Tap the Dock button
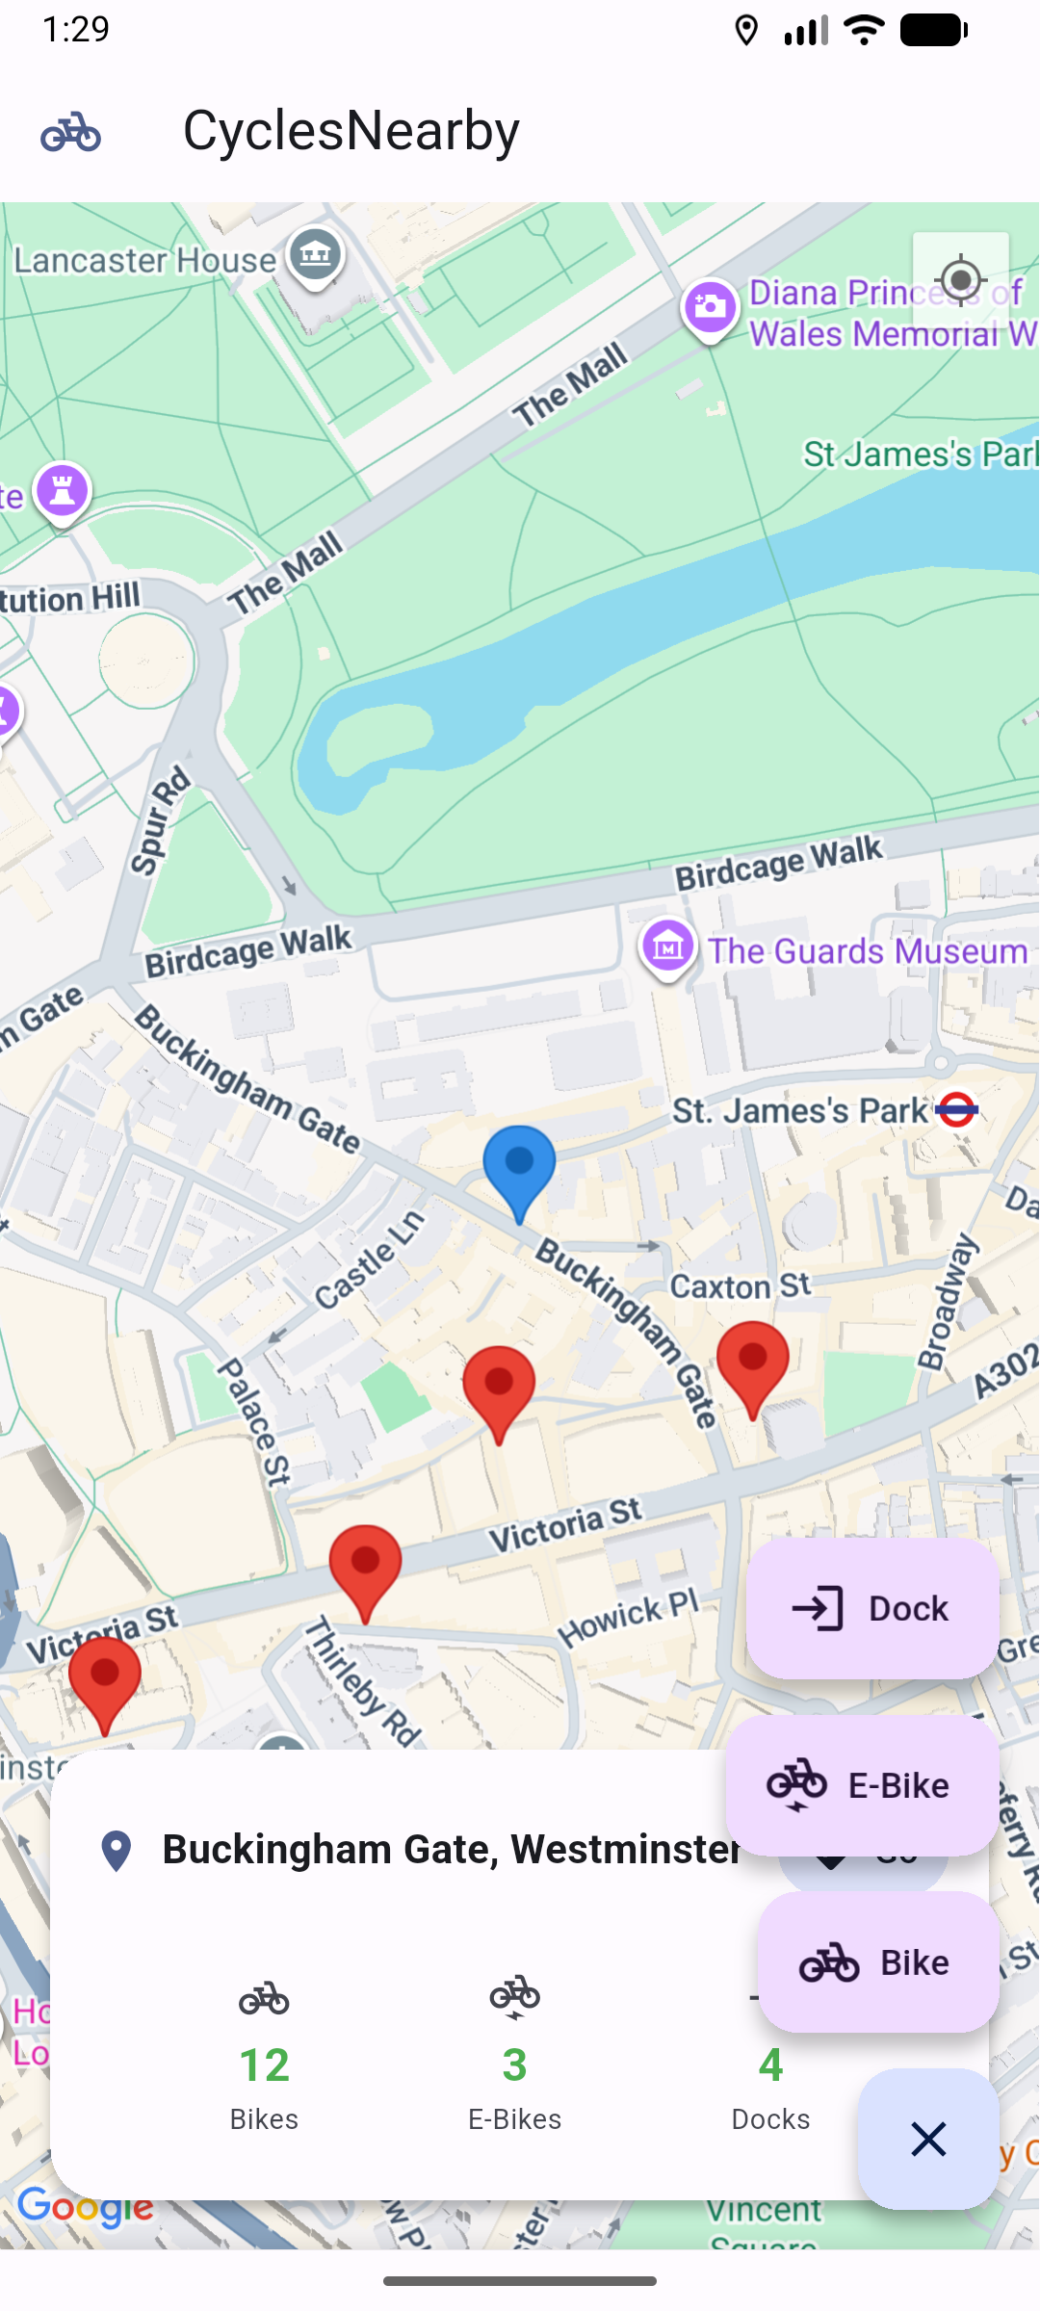(x=871, y=1608)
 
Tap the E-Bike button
(x=861, y=1785)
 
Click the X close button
(x=928, y=2139)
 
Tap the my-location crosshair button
(x=960, y=280)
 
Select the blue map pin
(x=519, y=1165)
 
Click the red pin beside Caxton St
(x=752, y=1363)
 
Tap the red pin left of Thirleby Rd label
(x=365, y=1567)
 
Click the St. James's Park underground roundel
(x=956, y=1109)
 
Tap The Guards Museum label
(x=867, y=951)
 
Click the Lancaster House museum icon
(x=315, y=254)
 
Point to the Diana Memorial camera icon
(x=711, y=307)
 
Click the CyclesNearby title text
(x=351, y=130)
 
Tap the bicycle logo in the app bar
(x=70, y=132)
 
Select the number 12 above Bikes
(x=264, y=2064)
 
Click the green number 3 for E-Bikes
(x=514, y=2064)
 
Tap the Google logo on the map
(x=85, y=2206)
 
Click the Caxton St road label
(x=740, y=1285)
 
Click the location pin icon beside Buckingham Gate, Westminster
(x=117, y=1850)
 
